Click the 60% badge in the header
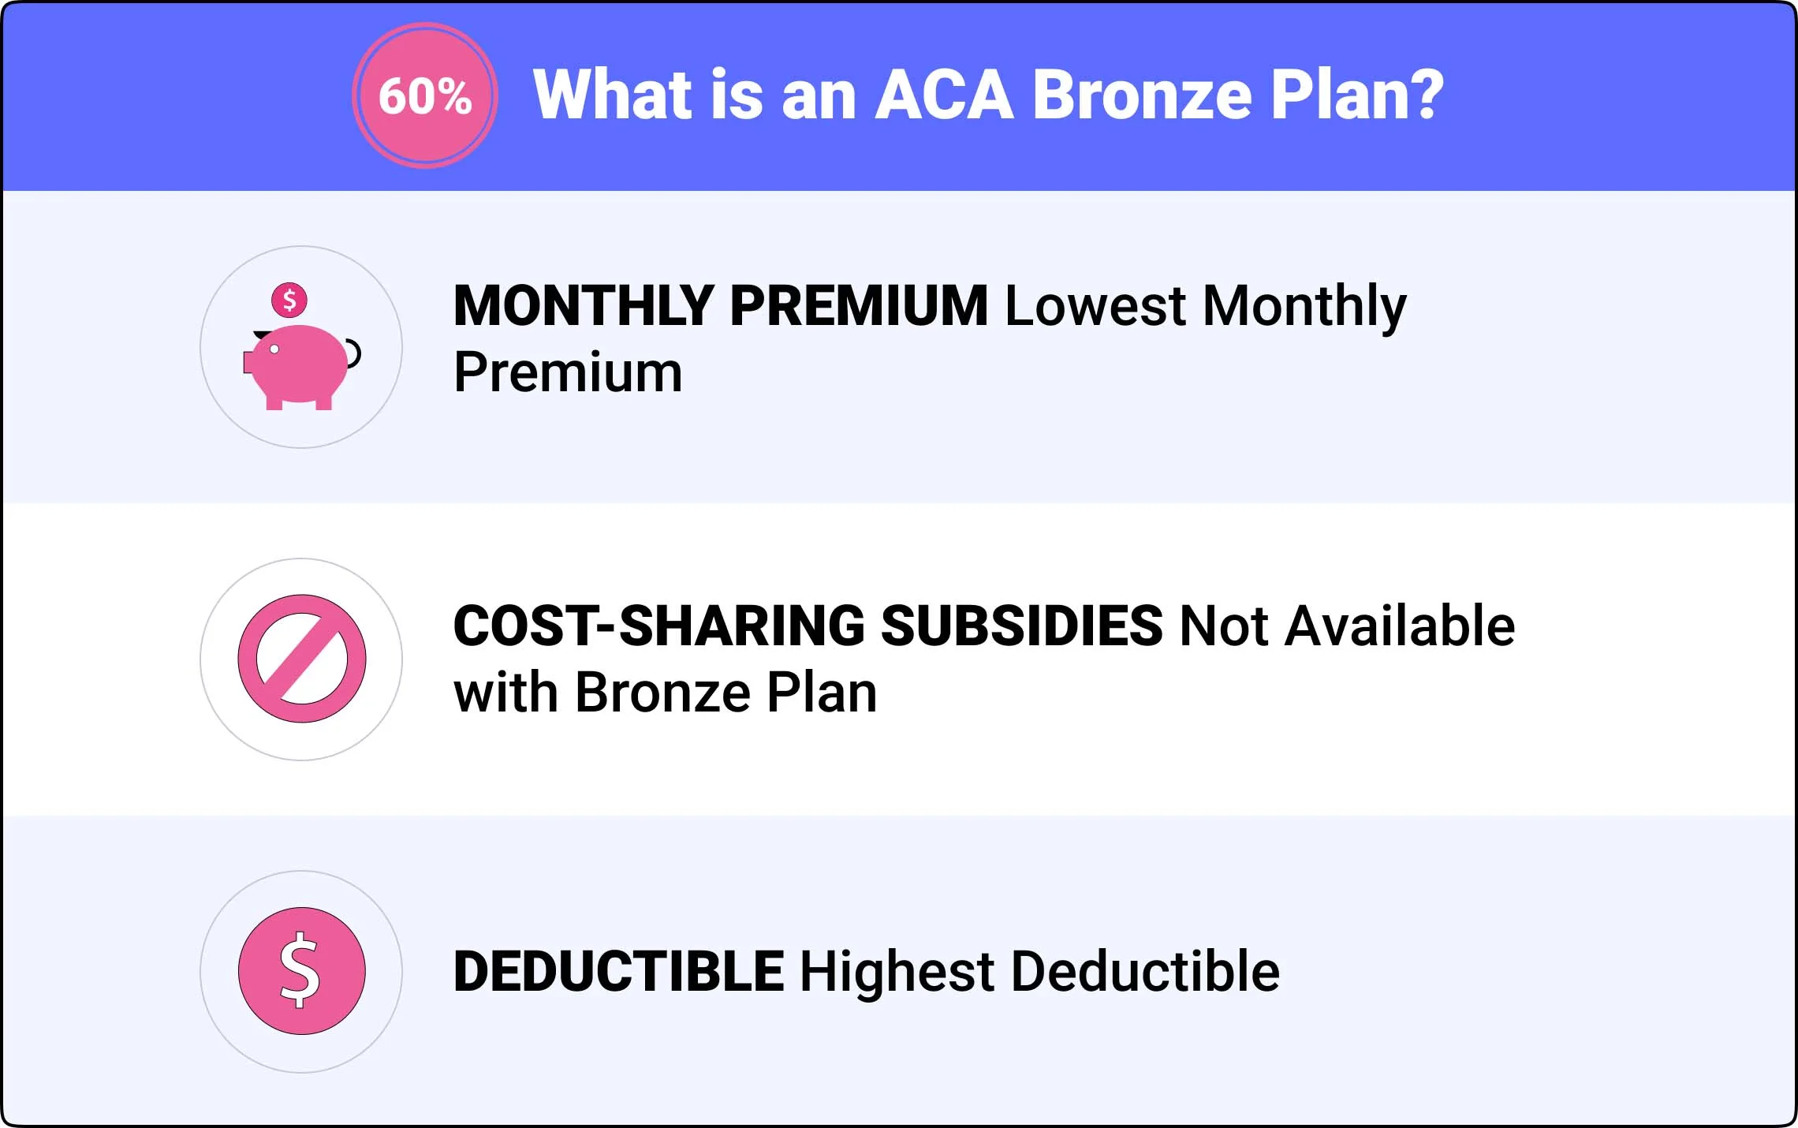tap(425, 95)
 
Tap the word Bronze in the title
tap(1142, 95)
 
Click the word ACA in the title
tap(945, 95)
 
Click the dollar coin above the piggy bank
tap(289, 300)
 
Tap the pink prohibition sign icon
tap(302, 659)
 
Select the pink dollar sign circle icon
tap(302, 971)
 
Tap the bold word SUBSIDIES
tap(1021, 626)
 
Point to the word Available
tap(1400, 626)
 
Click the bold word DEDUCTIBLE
tap(619, 971)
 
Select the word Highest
tap(897, 971)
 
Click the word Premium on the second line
tap(568, 372)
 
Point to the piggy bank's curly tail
tap(353, 353)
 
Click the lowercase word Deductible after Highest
tap(1146, 971)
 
